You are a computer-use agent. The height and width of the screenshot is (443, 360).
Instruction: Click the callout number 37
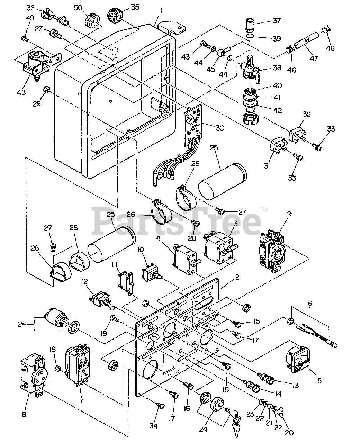(x=277, y=21)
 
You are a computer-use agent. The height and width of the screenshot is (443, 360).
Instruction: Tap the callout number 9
(x=289, y=214)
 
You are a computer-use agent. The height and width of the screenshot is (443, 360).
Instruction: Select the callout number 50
(x=78, y=7)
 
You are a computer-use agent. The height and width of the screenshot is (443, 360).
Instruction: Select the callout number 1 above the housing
(x=161, y=11)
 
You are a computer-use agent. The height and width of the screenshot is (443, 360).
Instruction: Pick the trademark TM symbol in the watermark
(x=264, y=209)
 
